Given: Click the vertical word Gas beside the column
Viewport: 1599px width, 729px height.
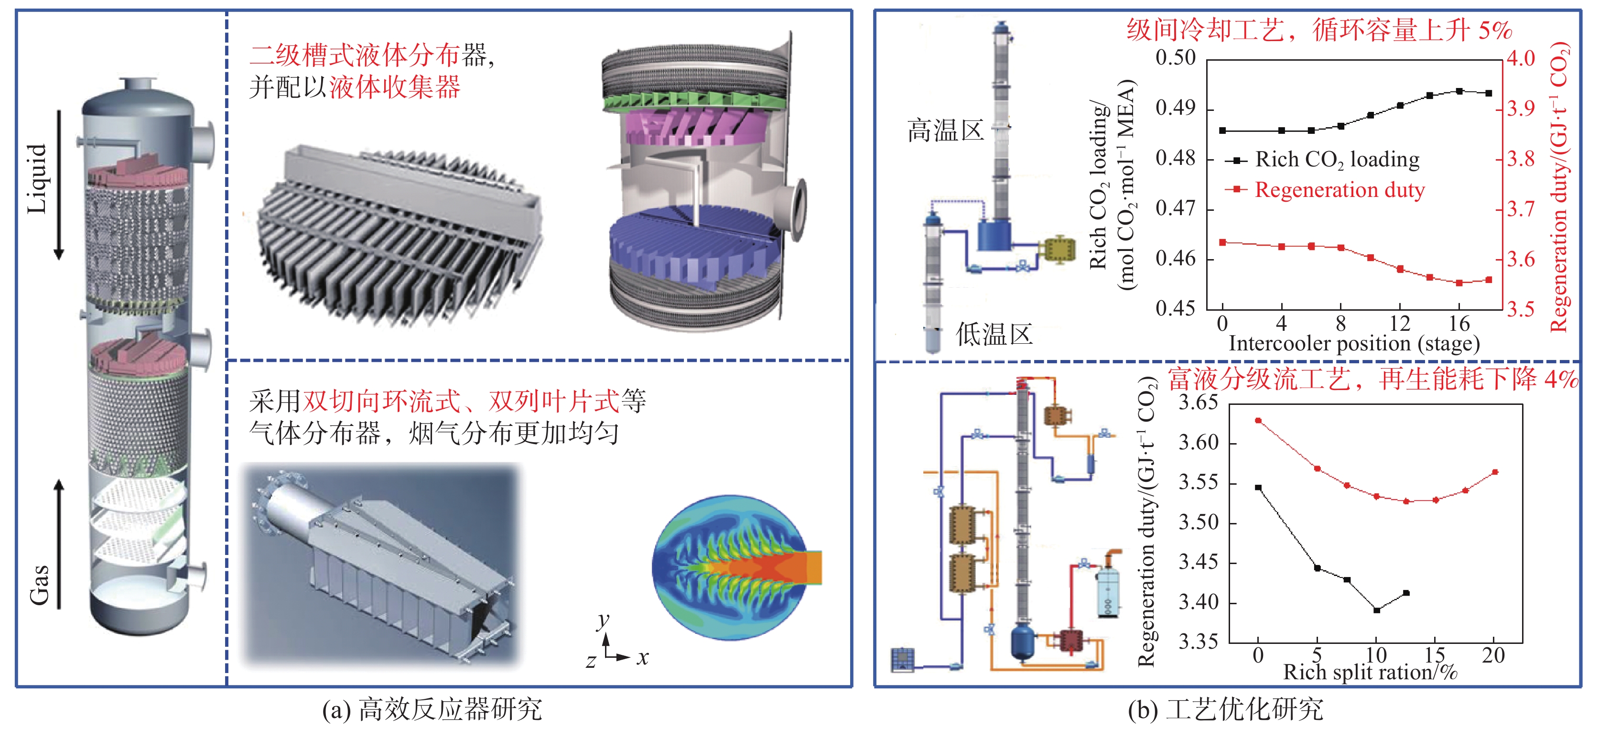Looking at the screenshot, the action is (40, 584).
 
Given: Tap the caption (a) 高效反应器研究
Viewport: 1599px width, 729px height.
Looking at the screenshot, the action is (432, 709).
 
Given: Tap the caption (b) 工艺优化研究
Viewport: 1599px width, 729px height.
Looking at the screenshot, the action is (1225, 709).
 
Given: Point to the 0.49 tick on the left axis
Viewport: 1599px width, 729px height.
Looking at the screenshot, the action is (1175, 108).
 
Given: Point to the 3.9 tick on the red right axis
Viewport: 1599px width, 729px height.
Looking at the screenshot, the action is (1521, 109).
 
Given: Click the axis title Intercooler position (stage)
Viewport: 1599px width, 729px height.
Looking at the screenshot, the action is (1354, 343).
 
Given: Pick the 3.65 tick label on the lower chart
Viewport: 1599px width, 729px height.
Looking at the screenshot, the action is (1199, 403).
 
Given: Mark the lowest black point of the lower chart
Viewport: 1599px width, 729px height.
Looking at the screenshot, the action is (1377, 610).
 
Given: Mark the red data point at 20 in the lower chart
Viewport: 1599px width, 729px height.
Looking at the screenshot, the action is (1495, 472).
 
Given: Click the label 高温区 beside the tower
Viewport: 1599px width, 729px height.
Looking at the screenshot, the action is (945, 131).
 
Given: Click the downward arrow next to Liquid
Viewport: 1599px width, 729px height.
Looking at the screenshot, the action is (59, 185).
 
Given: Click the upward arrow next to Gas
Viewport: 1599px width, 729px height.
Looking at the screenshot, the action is (59, 544).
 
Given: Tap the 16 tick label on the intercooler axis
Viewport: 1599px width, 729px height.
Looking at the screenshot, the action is (1459, 324).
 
